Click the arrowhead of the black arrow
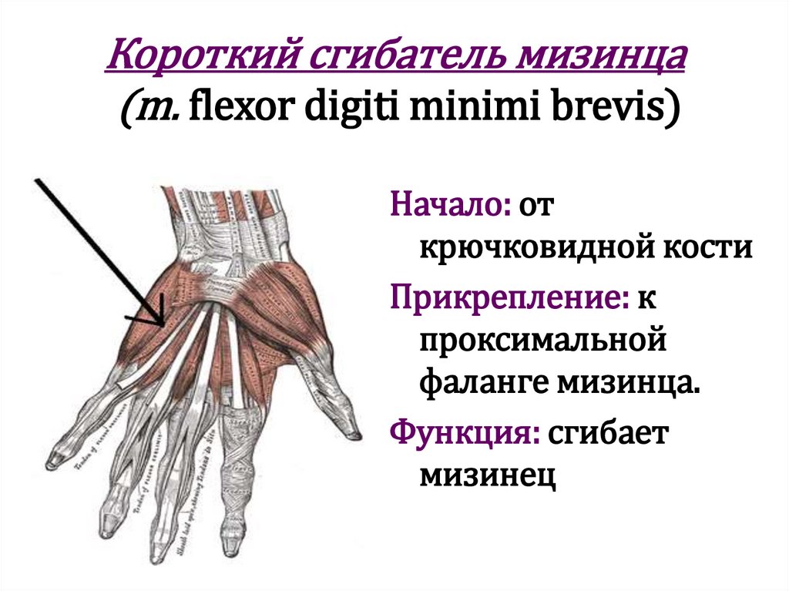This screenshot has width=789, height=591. tap(161, 323)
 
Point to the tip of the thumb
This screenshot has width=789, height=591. tap(356, 436)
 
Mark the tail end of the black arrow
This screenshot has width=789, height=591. tap(35, 179)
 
